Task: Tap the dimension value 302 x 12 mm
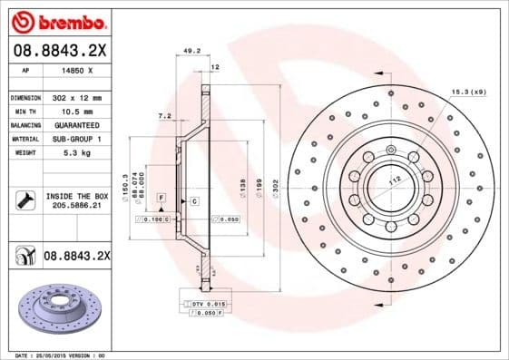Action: tap(78, 96)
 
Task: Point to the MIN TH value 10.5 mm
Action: tap(73, 111)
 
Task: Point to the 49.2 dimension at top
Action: tap(192, 52)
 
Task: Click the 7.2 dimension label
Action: tap(163, 115)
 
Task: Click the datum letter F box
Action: tap(161, 197)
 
